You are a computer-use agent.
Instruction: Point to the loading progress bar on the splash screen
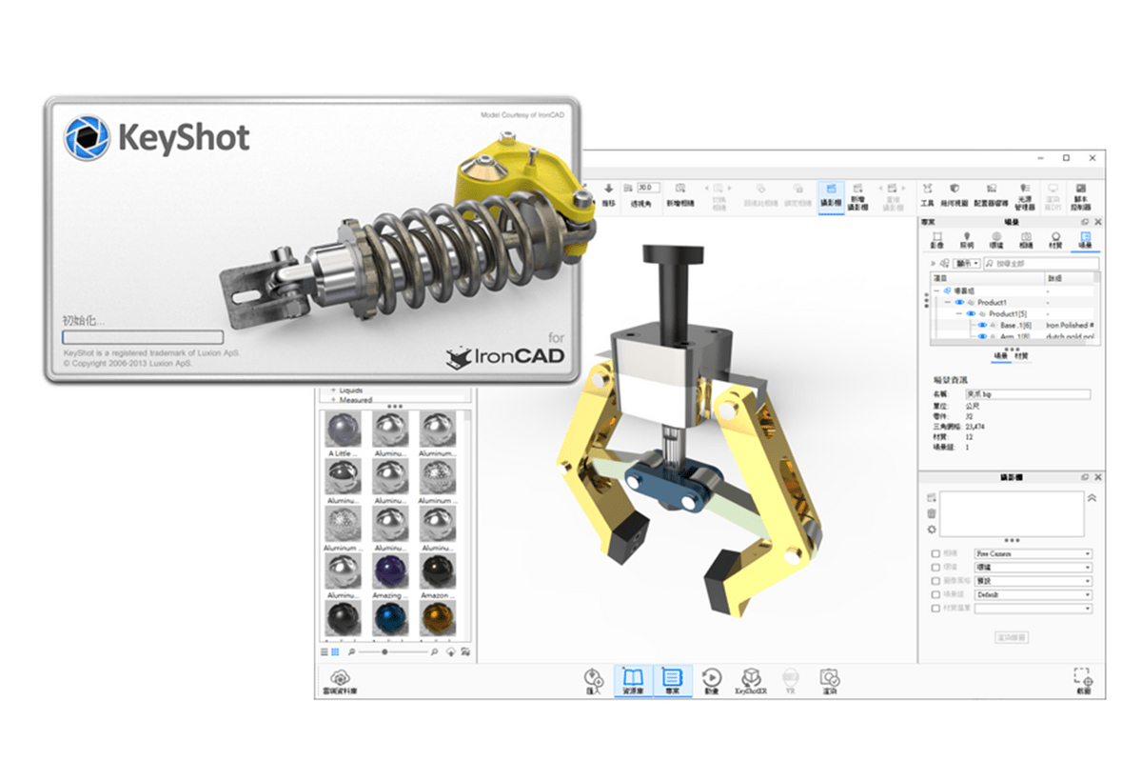point(143,337)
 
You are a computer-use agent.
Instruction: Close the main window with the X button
point(1091,157)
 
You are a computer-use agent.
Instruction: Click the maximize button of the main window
point(1066,157)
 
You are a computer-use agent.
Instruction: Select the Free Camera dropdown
point(1033,553)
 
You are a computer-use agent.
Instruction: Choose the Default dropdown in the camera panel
point(1033,594)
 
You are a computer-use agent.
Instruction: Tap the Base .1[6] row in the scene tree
point(1009,325)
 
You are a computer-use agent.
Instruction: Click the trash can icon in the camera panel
point(932,513)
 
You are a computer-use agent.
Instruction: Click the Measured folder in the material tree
point(356,400)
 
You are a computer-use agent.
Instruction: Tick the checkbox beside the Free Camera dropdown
point(935,553)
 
